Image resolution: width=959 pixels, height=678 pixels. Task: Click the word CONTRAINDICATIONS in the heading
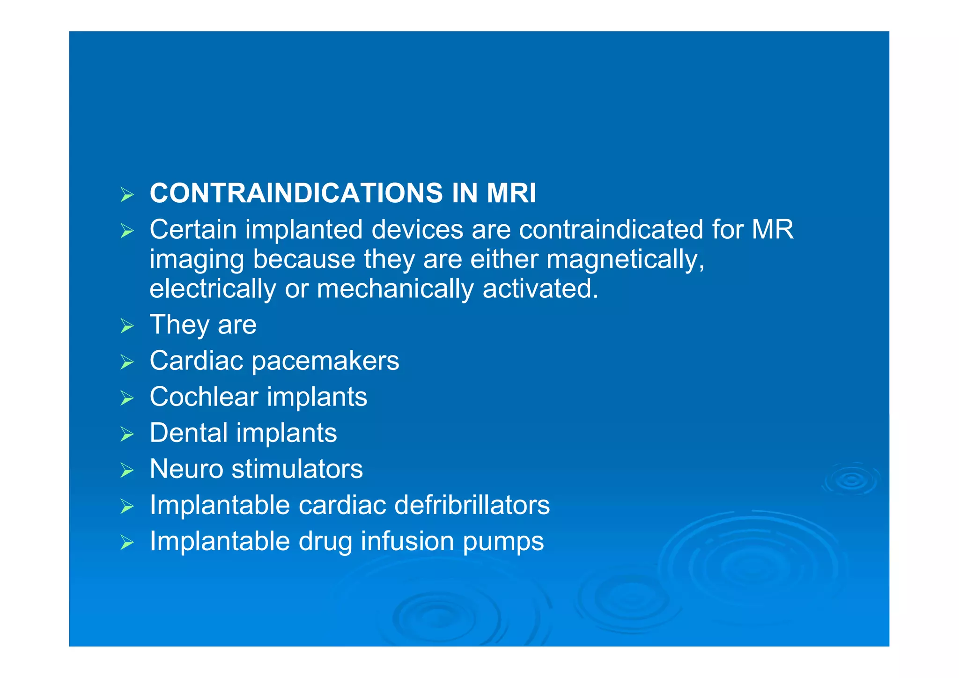[x=296, y=193]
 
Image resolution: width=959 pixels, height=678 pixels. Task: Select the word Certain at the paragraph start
[x=193, y=229]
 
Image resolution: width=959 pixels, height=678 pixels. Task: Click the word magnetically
[x=625, y=259]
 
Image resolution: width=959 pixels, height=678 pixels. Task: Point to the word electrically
[x=213, y=288]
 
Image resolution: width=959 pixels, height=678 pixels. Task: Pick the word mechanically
[x=395, y=288]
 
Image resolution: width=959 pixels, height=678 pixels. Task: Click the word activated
[x=540, y=288]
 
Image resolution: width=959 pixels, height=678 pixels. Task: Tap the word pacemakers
[x=325, y=361]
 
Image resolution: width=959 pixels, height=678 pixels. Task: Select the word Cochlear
[x=204, y=397]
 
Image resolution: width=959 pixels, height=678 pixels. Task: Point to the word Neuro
[x=186, y=469]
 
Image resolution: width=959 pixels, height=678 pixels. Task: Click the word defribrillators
[x=472, y=505]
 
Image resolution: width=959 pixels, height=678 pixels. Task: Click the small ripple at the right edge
[x=851, y=480]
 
